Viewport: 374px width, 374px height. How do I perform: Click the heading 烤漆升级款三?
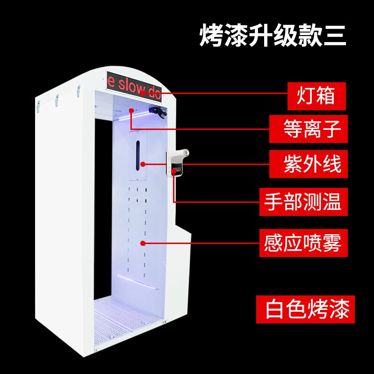273,36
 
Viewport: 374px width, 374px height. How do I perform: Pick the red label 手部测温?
304,202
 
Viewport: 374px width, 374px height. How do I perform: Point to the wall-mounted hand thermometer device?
177,163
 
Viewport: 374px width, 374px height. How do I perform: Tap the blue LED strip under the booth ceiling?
131,116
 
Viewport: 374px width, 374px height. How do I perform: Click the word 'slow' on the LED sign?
132,85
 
